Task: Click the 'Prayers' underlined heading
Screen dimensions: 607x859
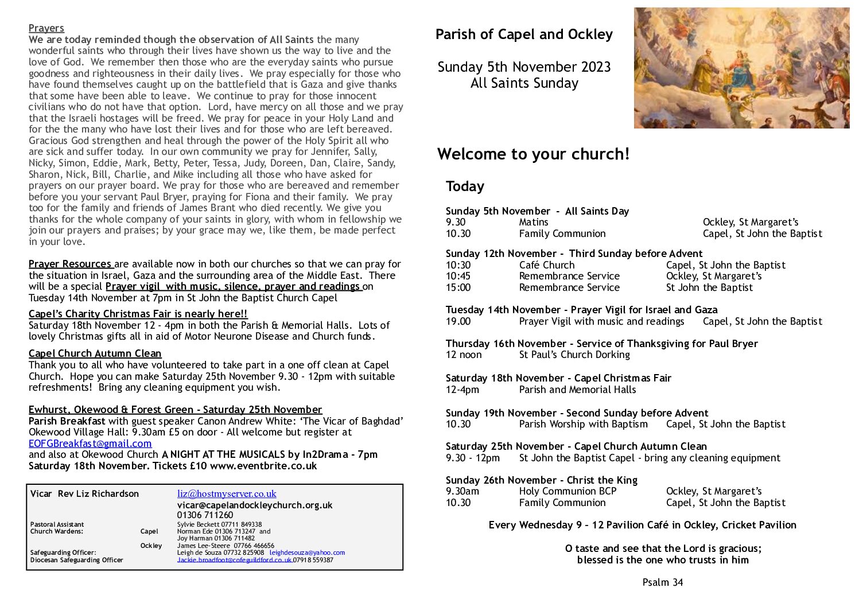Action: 46,28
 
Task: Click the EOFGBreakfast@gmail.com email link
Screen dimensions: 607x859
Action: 90,443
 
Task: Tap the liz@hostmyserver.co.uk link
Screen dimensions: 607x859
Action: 227,493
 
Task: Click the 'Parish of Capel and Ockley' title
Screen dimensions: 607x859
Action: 524,34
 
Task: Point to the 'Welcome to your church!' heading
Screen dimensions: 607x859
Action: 533,154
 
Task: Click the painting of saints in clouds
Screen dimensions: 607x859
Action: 741,68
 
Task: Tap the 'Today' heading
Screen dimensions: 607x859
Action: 465,186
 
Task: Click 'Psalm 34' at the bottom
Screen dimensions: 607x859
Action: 663,582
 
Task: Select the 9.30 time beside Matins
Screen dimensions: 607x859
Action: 456,222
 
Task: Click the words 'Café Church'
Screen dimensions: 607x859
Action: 546,265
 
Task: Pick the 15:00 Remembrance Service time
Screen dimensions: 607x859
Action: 458,287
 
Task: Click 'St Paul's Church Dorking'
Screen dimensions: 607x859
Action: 574,355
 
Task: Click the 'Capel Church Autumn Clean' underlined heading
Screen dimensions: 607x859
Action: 95,353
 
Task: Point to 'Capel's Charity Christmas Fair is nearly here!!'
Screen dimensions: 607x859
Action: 138,314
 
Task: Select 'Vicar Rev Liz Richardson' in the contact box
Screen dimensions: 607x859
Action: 84,494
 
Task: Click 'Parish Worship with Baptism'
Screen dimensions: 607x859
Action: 583,424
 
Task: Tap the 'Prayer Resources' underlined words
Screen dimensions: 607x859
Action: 70,264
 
